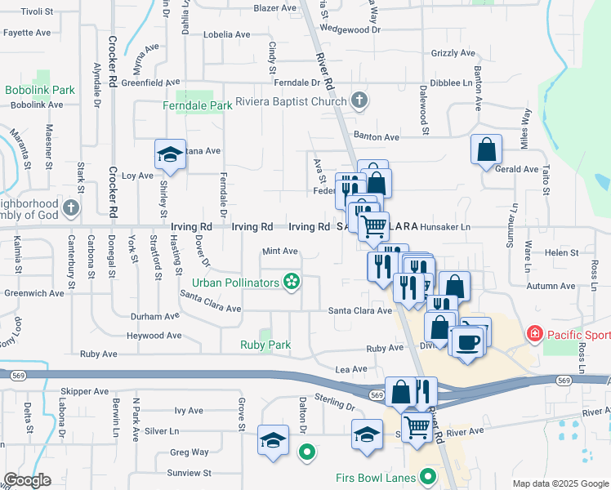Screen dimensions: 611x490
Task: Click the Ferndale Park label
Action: click(198, 106)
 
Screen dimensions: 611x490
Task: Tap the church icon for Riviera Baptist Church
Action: click(359, 101)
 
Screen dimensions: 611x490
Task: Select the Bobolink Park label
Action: click(40, 90)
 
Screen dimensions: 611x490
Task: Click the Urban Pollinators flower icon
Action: click(291, 283)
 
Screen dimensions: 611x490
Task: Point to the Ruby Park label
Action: click(265, 345)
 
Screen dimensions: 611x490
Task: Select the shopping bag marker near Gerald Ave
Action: click(487, 150)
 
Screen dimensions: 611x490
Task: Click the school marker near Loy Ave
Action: click(169, 154)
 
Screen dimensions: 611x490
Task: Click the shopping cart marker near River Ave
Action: click(417, 425)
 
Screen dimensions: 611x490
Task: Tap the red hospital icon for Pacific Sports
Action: click(535, 333)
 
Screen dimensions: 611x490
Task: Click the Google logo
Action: click(27, 480)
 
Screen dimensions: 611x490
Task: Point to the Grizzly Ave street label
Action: click(453, 53)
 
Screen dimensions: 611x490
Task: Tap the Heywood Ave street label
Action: click(152, 336)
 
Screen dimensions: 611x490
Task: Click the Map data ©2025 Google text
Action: click(560, 483)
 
